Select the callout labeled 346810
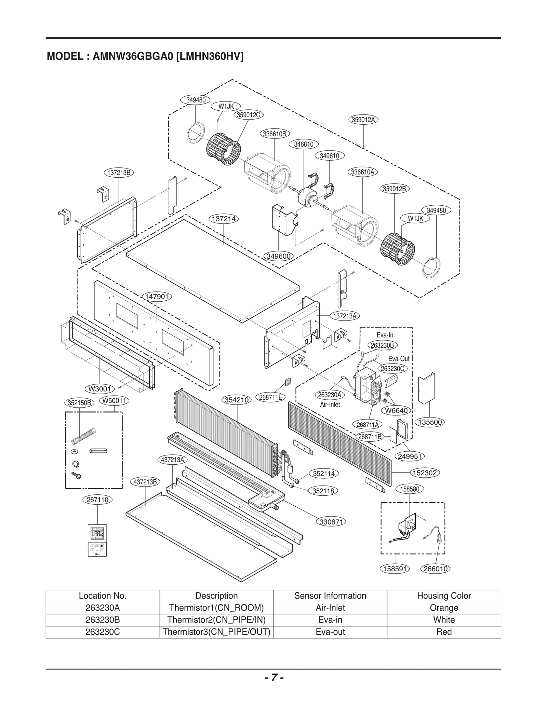(x=304, y=144)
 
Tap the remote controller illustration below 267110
(x=97, y=540)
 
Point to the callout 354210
(x=237, y=400)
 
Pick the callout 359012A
(x=363, y=120)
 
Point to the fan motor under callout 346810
(x=307, y=197)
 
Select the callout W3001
(x=99, y=389)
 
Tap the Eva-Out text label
(x=399, y=359)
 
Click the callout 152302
(x=425, y=473)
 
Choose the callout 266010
(x=436, y=569)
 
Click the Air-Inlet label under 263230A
(x=330, y=405)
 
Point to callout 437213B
(x=145, y=482)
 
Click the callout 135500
(x=430, y=422)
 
